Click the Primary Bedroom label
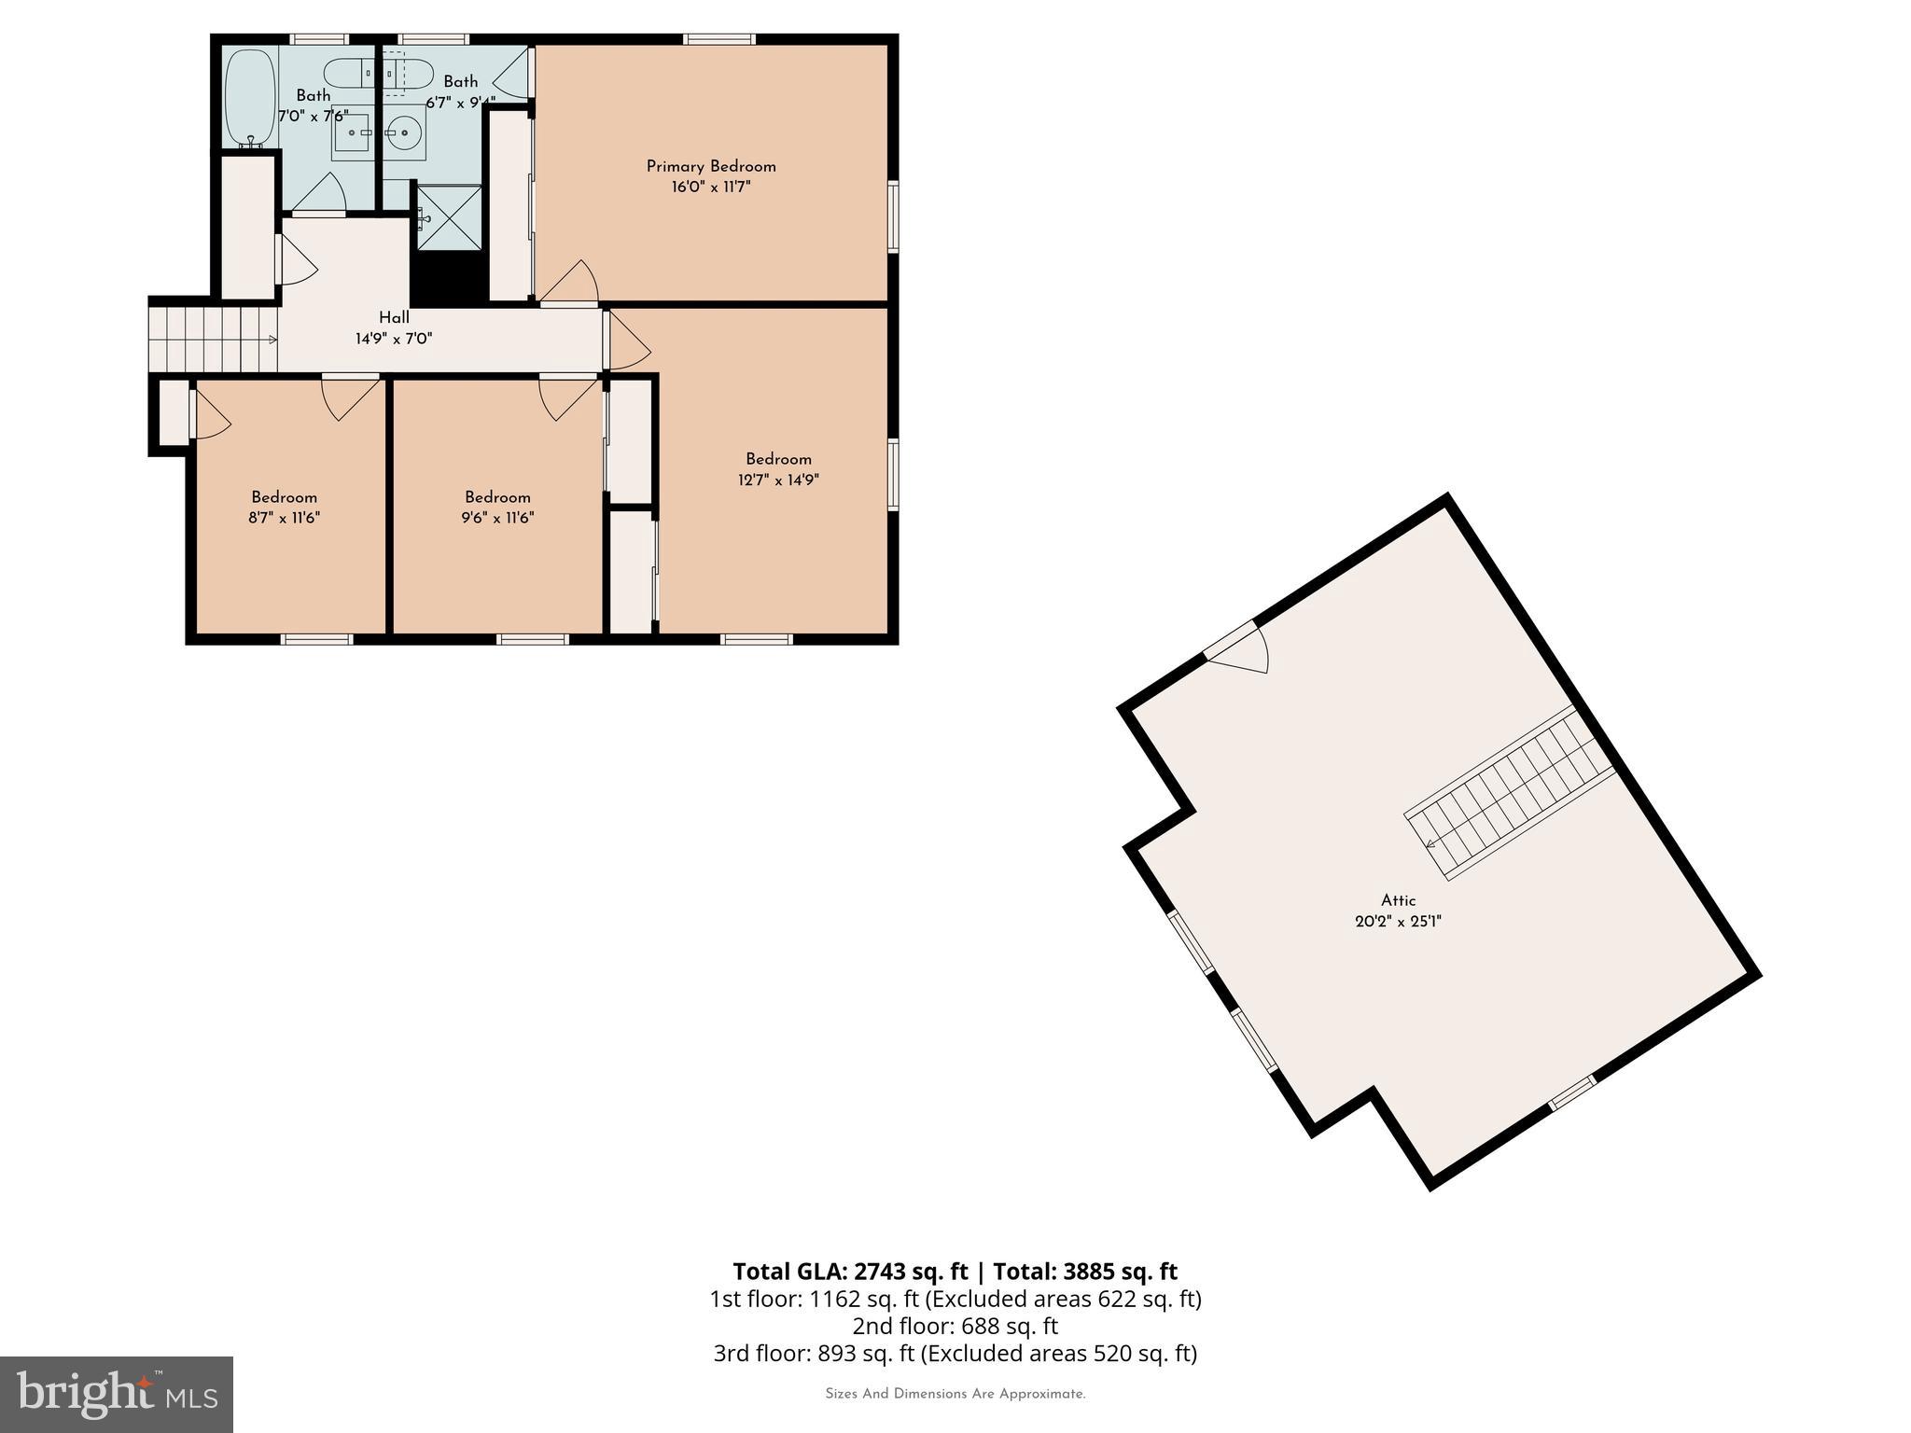point(711,167)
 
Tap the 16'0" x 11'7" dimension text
point(711,188)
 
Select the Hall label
point(394,318)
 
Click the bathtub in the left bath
point(250,98)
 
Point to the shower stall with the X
point(449,218)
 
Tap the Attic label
point(1398,900)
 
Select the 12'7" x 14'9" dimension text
point(778,480)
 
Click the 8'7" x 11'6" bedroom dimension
point(285,518)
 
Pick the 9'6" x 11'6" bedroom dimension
point(497,518)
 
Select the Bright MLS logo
point(117,1394)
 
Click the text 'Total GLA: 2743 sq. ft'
point(850,1272)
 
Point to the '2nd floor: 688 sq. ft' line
point(955,1326)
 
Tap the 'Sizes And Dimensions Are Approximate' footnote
point(955,1394)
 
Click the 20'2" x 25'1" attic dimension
point(1398,922)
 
